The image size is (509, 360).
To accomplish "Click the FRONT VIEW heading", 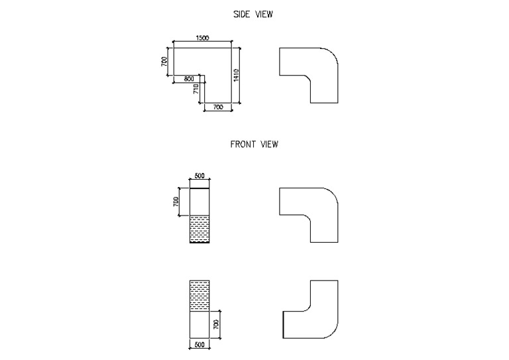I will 254,144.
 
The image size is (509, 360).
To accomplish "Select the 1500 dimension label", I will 203,38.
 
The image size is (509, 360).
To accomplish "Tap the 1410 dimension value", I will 235,75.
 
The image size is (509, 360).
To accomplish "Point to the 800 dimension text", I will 189,79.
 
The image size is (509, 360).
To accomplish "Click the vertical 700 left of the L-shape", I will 164,62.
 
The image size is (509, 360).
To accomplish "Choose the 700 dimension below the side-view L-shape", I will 218,107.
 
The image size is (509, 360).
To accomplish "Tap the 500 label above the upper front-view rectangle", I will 200,176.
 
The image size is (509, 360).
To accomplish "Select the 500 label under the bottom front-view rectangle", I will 200,345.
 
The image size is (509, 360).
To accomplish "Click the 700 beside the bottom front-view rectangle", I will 216,324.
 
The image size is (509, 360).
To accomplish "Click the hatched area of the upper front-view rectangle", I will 200,229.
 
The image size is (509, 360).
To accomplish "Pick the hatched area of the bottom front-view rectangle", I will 200,296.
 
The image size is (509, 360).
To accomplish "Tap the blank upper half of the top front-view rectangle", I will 200,202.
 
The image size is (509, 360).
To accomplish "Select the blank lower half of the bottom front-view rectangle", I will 200,324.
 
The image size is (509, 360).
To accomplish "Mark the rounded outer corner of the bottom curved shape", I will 331,331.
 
